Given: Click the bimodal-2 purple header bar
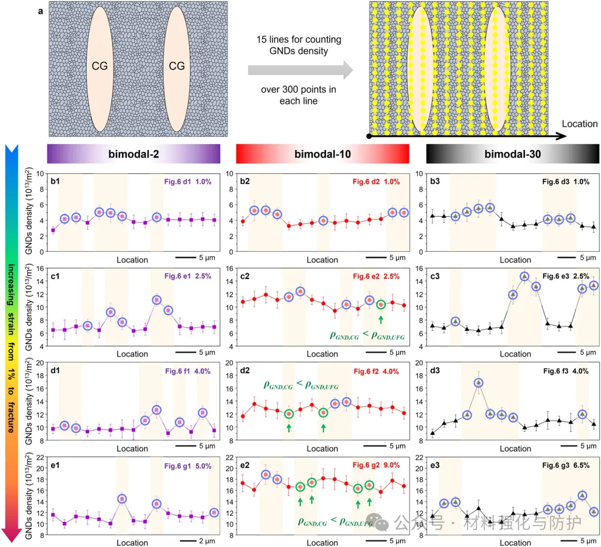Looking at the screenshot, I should point(134,153).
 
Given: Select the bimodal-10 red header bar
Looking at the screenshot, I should point(322,153).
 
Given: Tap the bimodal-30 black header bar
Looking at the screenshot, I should point(513,153).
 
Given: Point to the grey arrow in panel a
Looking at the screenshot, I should point(300,70).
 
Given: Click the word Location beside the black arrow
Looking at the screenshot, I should point(579,124).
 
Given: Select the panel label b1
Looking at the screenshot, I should point(55,180).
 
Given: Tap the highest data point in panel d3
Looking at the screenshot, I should point(478,383).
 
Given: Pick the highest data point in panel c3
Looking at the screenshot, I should point(524,276).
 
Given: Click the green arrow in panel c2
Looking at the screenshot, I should point(381,319).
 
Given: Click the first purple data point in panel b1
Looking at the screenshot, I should point(53,230).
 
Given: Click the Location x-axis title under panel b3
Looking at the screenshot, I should point(515,260).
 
